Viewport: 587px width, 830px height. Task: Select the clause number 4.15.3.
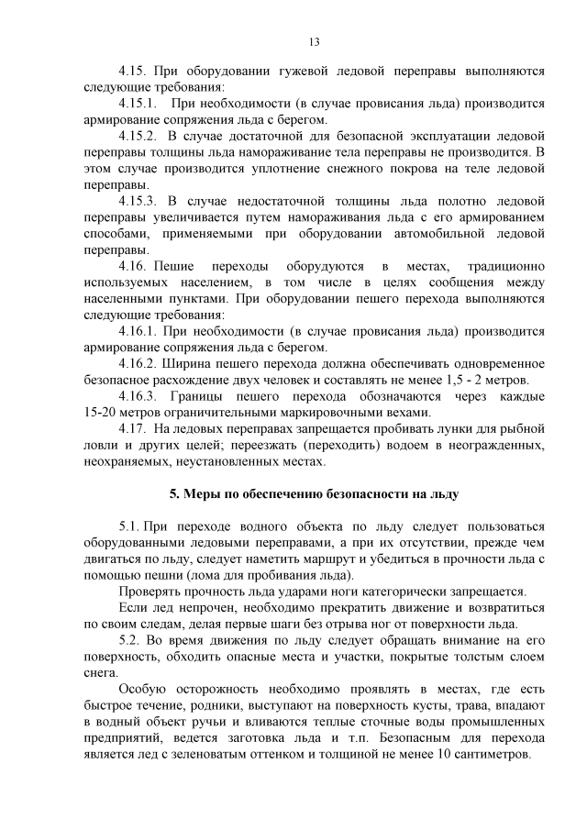[x=139, y=199]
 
